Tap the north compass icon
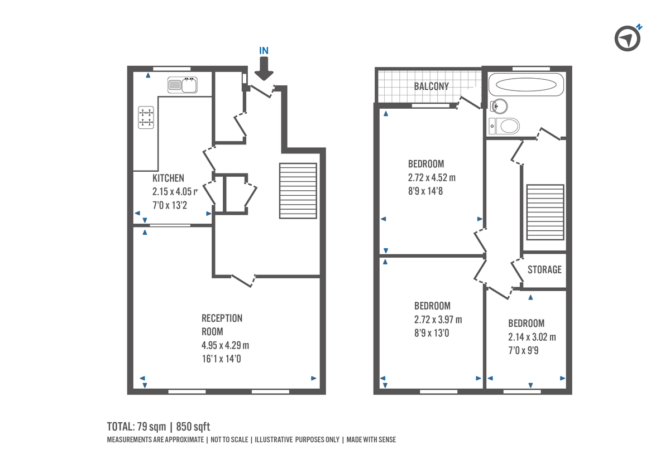coord(628,38)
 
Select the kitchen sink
coord(182,85)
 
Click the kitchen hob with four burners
coord(146,118)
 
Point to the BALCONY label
coord(431,86)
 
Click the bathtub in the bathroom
coord(525,86)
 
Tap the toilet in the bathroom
coord(505,126)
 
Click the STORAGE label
coord(544,269)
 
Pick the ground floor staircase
coord(298,191)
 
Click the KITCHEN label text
coord(168,178)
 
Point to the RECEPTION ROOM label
coord(222,325)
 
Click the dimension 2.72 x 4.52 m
coord(432,178)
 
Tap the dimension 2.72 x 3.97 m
coord(438,320)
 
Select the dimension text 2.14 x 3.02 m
coord(532,337)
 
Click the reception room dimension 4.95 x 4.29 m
coord(225,345)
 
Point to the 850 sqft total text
coord(193,427)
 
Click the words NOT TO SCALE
coord(228,440)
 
